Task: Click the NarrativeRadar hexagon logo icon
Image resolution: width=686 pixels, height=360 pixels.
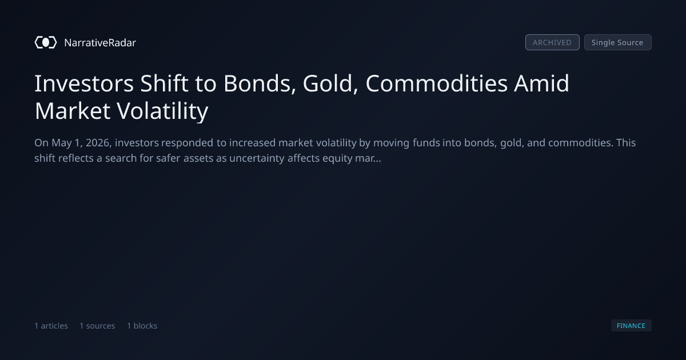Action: (x=46, y=42)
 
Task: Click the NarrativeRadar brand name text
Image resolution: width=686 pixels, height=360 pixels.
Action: (x=100, y=42)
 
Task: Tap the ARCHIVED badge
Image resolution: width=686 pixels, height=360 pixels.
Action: (x=552, y=42)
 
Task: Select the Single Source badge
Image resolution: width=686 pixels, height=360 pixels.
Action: (x=618, y=42)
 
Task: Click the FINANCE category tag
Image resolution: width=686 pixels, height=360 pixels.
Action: (x=631, y=325)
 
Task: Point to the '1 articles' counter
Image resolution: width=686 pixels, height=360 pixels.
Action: (x=51, y=326)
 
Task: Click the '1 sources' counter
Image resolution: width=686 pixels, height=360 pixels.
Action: (x=97, y=326)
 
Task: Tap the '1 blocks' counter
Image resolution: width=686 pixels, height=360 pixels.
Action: (x=142, y=326)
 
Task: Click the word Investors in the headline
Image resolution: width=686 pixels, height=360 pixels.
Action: (x=84, y=83)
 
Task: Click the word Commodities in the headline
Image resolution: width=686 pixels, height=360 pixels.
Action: (x=436, y=83)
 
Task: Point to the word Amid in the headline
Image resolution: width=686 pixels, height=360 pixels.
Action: (x=542, y=83)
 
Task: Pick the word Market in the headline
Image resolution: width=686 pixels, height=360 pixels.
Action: (x=72, y=111)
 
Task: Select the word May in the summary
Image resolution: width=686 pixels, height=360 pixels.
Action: (x=62, y=143)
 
